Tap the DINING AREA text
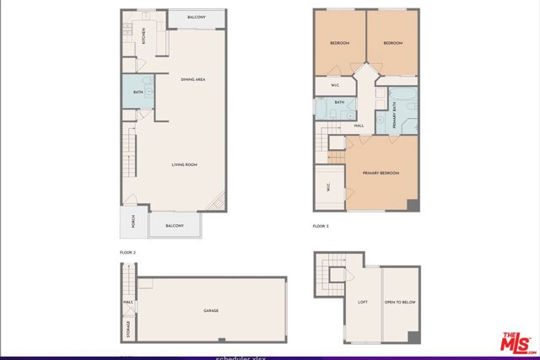[194, 80]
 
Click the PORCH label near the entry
[132, 223]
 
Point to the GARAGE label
[210, 311]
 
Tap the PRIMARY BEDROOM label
[381, 173]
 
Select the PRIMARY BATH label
[394, 110]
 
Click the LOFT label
[363, 302]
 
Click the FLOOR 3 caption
[320, 227]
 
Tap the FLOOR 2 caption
[127, 252]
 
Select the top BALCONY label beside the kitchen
[197, 17]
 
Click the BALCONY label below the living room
[175, 226]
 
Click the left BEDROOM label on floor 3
[340, 43]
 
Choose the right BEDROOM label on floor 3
[393, 43]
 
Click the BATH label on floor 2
[138, 93]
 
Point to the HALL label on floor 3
[359, 126]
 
